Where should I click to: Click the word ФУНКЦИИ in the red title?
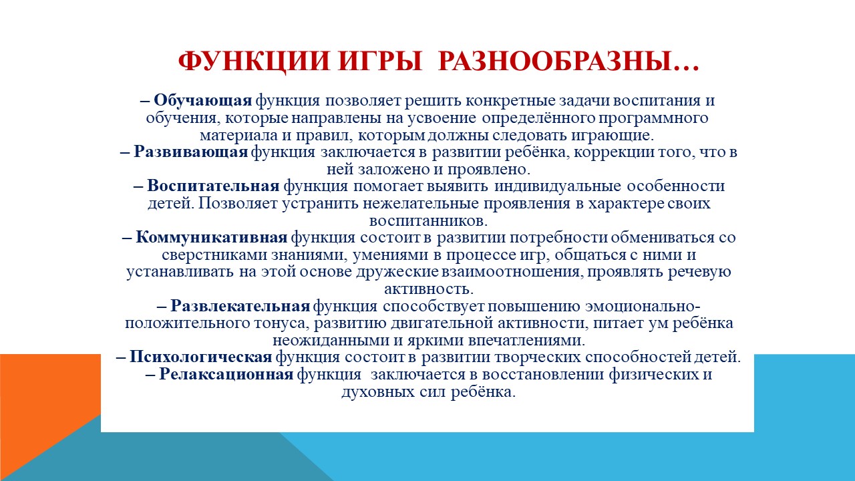[254, 61]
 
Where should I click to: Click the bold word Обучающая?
[202, 101]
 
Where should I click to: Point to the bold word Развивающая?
[191, 152]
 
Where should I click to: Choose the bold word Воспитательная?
[213, 186]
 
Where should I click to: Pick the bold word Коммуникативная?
[212, 237]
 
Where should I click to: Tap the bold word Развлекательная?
[240, 306]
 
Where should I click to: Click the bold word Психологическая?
[201, 357]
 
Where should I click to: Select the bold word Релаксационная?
[226, 374]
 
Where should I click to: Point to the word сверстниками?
[214, 255]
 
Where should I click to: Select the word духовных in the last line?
[378, 392]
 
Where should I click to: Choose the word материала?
[238, 136]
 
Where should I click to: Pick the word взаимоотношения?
[512, 272]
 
